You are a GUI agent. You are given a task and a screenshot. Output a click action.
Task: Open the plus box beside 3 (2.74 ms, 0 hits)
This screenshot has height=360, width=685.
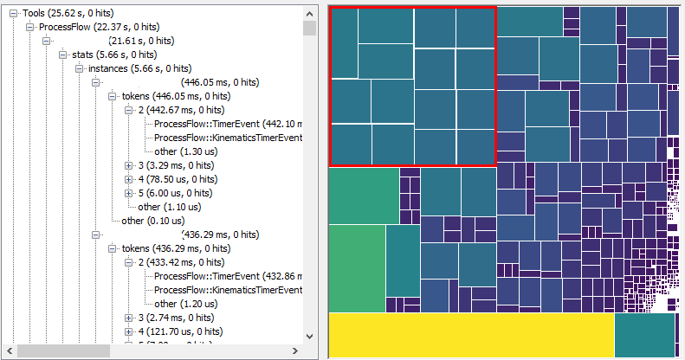[x=129, y=318]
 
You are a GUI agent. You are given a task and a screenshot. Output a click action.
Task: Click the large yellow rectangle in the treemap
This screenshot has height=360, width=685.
[x=471, y=335]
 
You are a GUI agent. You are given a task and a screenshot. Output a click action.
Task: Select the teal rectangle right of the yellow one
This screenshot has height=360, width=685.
[x=643, y=335]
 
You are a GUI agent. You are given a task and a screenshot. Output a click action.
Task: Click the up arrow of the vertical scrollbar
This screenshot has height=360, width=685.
[x=310, y=12]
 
